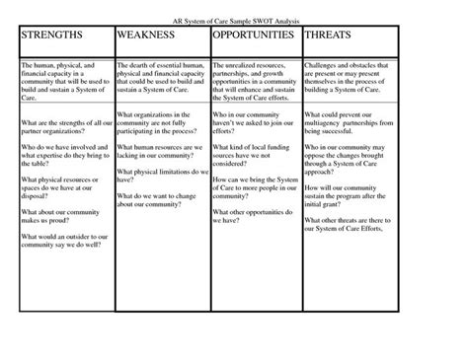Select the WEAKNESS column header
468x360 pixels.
coord(148,35)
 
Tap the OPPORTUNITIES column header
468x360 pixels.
coord(254,35)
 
